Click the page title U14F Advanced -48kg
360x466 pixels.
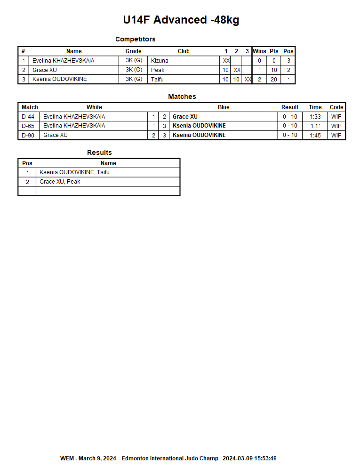click(181, 20)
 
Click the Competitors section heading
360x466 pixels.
click(135, 39)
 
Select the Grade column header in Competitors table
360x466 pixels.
click(133, 51)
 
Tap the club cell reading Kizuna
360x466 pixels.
click(160, 61)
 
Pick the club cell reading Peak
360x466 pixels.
click(158, 70)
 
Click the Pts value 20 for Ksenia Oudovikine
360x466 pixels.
click(274, 80)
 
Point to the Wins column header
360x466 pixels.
click(259, 51)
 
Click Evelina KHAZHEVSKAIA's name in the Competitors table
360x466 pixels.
click(63, 61)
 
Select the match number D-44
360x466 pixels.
click(28, 117)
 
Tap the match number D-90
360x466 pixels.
click(28, 136)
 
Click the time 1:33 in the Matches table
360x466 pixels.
click(315, 117)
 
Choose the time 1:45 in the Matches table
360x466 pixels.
click(315, 136)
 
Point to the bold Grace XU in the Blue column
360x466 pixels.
click(185, 117)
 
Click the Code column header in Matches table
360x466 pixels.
click(336, 107)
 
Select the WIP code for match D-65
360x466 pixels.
click(336, 126)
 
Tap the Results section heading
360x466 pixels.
click(99, 153)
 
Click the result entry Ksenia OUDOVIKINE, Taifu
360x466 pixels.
click(74, 172)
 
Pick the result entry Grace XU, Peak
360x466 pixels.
click(60, 182)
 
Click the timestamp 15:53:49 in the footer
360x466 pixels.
click(264, 458)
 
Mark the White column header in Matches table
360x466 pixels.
click(94, 107)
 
